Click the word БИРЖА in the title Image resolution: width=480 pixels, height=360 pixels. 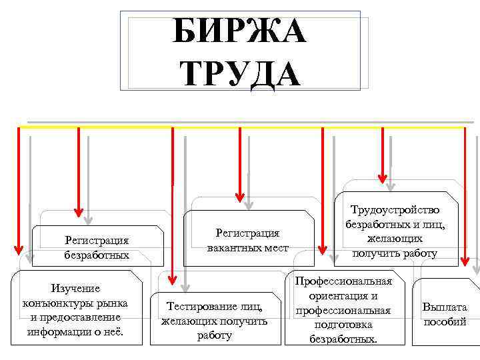click(x=240, y=31)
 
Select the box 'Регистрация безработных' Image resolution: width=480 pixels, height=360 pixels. click(x=97, y=247)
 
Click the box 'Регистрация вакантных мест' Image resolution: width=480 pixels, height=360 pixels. click(x=248, y=240)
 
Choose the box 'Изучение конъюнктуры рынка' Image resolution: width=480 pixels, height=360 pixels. click(x=75, y=309)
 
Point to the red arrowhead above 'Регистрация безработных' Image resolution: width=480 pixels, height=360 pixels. click(x=79, y=212)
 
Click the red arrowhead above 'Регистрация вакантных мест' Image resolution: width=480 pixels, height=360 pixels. click(x=240, y=194)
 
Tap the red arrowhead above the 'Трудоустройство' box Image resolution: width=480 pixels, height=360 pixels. click(x=383, y=177)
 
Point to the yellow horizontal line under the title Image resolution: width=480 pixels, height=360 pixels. click(x=240, y=126)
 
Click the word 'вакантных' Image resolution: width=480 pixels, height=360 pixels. click(x=239, y=247)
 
